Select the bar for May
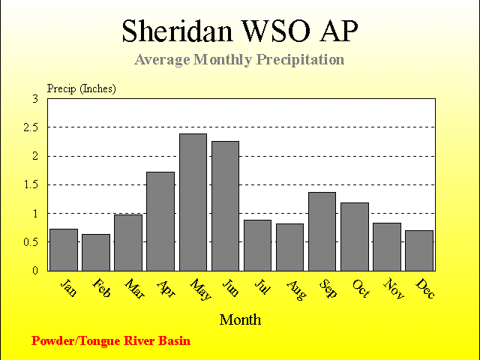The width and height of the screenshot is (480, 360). pos(193,202)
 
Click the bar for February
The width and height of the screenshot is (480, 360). pos(96,253)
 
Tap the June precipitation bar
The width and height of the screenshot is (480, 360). pos(225,206)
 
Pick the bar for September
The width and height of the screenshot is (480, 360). pos(322,232)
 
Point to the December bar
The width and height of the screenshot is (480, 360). pos(419,250)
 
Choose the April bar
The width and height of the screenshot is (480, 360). pos(160,221)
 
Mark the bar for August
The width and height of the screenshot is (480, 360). pos(289,247)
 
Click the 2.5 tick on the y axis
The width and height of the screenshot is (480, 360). pos(31,127)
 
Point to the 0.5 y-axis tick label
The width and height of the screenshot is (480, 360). pos(31,242)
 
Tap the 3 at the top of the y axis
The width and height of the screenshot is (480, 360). pos(35,99)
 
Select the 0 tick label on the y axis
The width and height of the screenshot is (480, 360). pos(35,271)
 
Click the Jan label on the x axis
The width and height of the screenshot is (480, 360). pos(68,287)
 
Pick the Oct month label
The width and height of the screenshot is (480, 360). pos(361,288)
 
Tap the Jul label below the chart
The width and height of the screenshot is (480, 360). pos(262,286)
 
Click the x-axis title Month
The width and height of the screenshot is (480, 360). pos(240,320)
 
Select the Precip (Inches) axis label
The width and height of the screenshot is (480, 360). pos(82,88)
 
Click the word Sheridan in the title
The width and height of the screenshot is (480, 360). pos(177,31)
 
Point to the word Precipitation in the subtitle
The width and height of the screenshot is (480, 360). pos(300,59)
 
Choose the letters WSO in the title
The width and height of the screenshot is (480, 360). pos(275,31)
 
